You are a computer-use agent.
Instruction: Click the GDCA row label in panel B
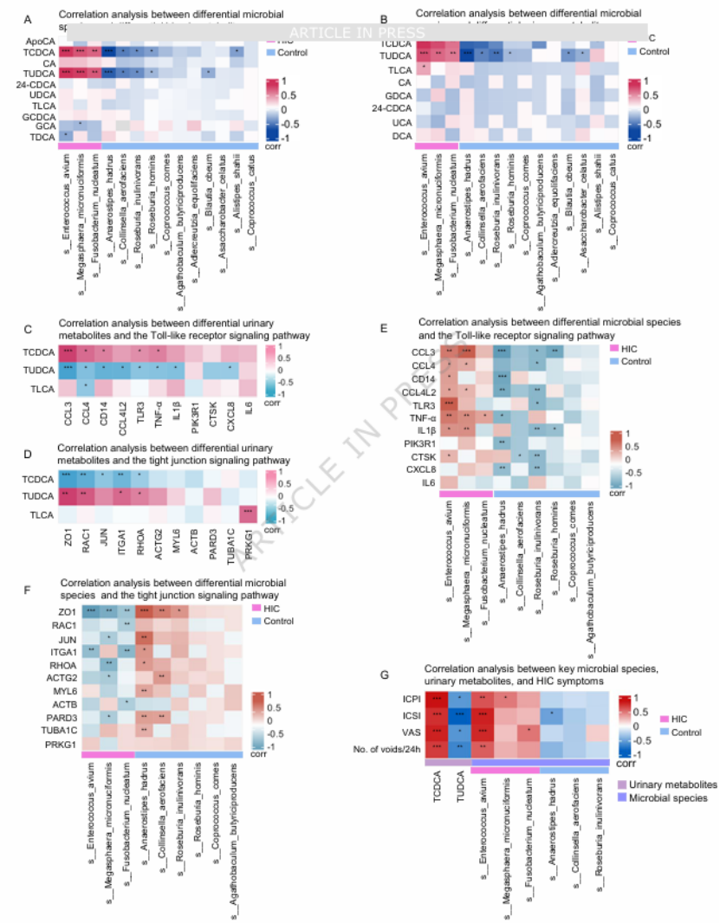[x=399, y=94]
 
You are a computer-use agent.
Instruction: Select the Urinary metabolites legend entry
[x=671, y=784]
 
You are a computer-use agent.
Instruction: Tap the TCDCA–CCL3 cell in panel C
[x=67, y=352]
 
